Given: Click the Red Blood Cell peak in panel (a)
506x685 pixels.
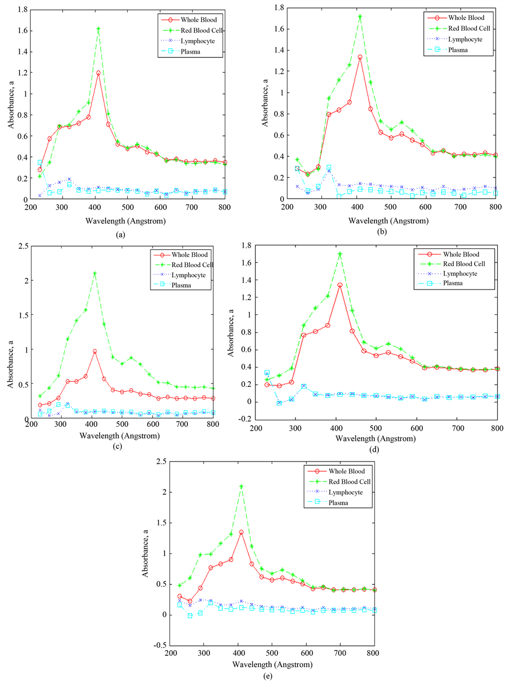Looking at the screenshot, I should [98, 28].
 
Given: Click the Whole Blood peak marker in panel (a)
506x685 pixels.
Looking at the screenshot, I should [98, 73].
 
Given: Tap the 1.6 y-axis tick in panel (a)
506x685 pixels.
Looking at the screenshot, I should [21, 30].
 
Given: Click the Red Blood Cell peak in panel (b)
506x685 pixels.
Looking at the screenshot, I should [360, 16].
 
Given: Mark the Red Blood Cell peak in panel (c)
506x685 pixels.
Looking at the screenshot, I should [95, 273].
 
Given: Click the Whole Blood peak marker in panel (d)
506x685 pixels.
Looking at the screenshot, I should [340, 285].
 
